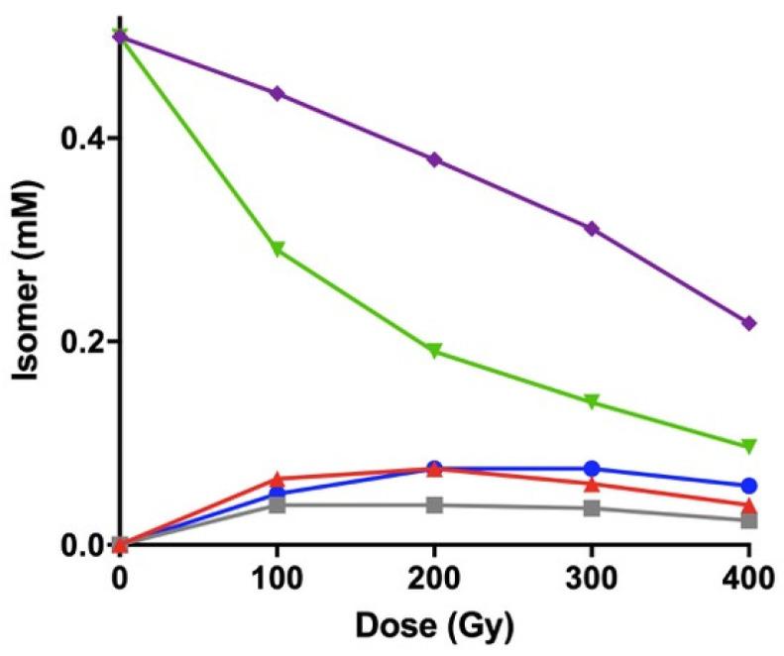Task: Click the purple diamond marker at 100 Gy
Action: click(278, 93)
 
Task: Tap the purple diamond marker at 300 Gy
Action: click(593, 229)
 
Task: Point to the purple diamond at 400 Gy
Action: click(749, 323)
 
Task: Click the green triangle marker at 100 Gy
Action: click(278, 249)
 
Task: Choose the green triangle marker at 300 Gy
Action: click(593, 402)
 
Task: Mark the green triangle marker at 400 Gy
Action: click(749, 446)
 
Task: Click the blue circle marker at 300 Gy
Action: click(593, 468)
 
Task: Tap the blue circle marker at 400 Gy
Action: click(749, 486)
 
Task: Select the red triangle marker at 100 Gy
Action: click(278, 479)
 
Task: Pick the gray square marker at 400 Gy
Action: click(749, 520)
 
